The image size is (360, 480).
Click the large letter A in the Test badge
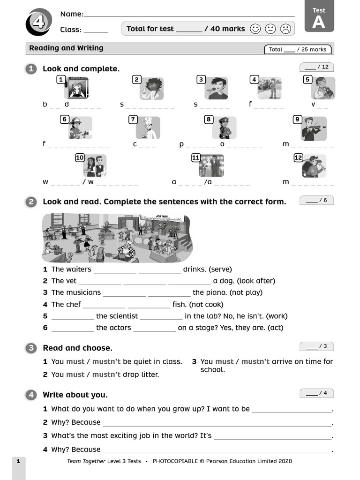[319, 22]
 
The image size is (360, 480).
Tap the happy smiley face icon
[255, 29]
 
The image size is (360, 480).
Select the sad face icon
[285, 29]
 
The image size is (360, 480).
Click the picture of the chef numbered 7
[149, 128]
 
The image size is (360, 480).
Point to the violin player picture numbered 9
[314, 128]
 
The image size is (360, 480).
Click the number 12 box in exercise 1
[298, 158]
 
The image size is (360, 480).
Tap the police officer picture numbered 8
[224, 128]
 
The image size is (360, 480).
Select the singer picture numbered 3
[216, 89]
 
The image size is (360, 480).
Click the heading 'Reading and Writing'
[66, 48]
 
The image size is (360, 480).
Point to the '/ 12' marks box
[316, 67]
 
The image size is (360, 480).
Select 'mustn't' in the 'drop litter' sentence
[106, 375]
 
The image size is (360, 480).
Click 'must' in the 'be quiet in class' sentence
[75, 361]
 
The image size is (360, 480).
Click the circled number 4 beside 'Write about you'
[31, 395]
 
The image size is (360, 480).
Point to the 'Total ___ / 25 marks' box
[298, 49]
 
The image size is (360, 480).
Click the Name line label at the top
[72, 14]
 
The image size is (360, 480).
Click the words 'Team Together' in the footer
[86, 461]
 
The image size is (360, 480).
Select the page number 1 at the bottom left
[18, 461]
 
